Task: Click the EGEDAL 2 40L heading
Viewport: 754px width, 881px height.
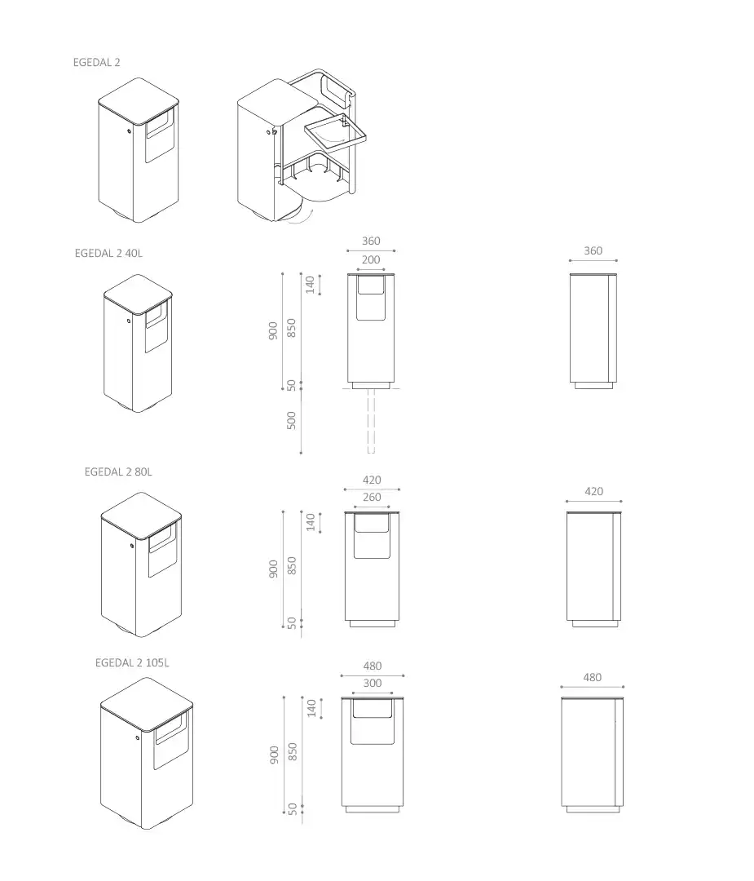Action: (x=108, y=254)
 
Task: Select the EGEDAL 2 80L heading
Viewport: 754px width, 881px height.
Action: (x=118, y=472)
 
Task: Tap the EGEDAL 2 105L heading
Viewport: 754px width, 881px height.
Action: (x=132, y=663)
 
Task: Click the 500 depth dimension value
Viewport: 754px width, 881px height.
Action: (x=291, y=420)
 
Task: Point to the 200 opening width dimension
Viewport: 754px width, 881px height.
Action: (x=371, y=260)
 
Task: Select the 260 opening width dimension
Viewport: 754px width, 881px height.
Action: (x=372, y=498)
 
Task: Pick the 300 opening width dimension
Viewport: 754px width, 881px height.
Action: (x=373, y=684)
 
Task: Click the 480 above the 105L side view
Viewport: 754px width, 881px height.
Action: (x=593, y=678)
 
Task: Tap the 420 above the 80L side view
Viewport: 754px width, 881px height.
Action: (x=593, y=492)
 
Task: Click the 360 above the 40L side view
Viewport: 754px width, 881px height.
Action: (x=593, y=251)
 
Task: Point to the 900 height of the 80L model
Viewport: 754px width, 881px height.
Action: (x=273, y=569)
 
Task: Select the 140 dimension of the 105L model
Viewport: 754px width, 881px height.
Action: (x=311, y=708)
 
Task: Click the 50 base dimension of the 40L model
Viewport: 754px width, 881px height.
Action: (x=291, y=385)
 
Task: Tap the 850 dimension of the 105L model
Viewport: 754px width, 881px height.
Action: (x=292, y=752)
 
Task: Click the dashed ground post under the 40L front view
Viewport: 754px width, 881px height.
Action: (x=371, y=421)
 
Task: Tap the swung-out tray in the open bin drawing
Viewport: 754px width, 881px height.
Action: (x=335, y=133)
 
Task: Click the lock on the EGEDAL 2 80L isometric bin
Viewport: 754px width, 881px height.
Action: (x=132, y=546)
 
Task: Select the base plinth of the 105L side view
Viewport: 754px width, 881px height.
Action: (x=593, y=810)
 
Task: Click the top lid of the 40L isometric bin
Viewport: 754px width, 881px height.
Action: (x=138, y=294)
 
